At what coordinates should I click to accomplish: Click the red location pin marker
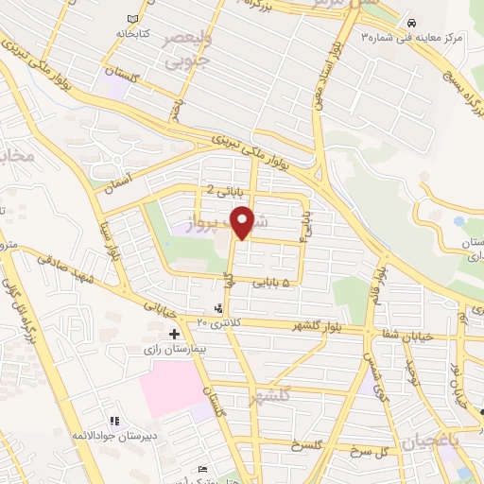tap(244, 221)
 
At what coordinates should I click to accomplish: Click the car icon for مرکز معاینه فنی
tap(411, 22)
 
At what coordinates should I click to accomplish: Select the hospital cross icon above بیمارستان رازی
tap(174, 334)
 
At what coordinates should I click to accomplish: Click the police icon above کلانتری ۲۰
tap(220, 308)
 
